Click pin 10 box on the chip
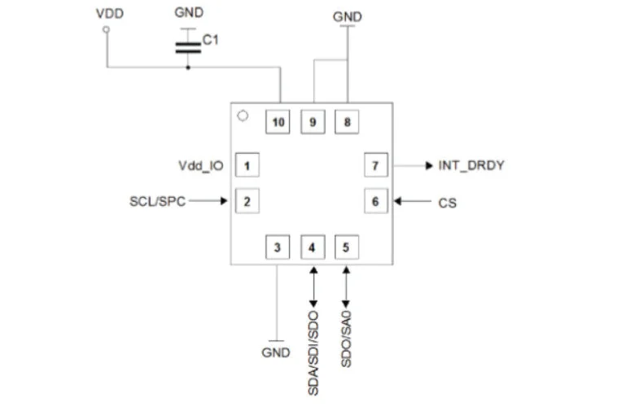pos(278,122)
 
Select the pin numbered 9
pos(313,122)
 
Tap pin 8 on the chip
pos(347,122)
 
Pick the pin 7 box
pos(376,165)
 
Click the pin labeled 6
pos(376,201)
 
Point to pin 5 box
pos(347,247)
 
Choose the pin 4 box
pos(313,247)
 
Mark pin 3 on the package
pos(278,247)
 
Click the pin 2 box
pos(247,201)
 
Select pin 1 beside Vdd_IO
pos(247,165)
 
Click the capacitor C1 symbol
pos(188,47)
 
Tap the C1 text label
pos(210,40)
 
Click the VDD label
pos(110,14)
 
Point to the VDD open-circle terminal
pos(106,29)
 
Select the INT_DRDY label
pos(471,165)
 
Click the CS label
pos(448,203)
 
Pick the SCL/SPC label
pos(157,201)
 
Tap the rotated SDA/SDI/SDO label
pos(313,353)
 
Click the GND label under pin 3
pos(276,352)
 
